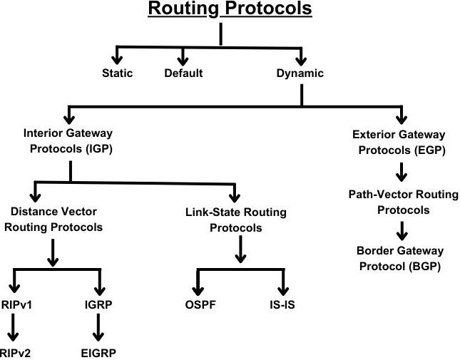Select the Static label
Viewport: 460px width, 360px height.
point(117,73)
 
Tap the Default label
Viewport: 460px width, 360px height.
point(183,73)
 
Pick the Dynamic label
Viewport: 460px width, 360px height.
point(300,73)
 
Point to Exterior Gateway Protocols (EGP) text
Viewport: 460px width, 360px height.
point(399,141)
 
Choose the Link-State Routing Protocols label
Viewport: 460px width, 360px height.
point(237,220)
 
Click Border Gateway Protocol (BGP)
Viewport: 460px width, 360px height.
point(399,259)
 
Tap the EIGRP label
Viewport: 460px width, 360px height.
point(98,352)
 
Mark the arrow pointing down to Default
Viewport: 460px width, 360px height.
point(183,56)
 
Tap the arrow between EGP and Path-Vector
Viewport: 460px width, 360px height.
point(401,172)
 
